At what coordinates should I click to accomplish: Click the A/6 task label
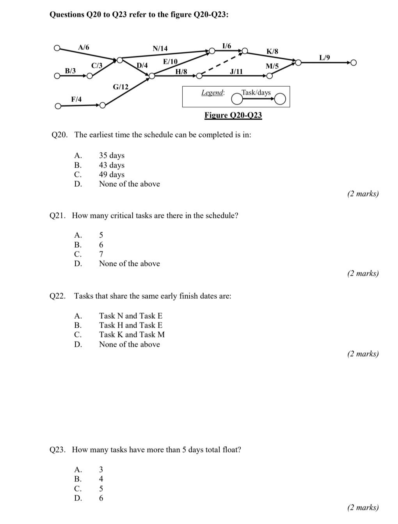tap(84, 47)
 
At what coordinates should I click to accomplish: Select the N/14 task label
tap(160, 48)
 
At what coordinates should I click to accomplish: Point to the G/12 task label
tap(121, 87)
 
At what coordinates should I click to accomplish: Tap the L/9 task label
tap(324, 58)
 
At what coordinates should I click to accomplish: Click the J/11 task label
tap(236, 71)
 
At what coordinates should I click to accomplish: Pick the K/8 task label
tap(272, 52)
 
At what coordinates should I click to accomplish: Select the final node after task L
tap(353, 62)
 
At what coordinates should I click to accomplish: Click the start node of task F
tap(58, 106)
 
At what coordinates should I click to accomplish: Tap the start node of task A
tap(57, 48)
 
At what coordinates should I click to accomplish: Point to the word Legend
tap(213, 93)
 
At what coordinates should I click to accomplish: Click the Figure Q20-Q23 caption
tap(233, 115)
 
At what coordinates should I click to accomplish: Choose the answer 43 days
tap(112, 165)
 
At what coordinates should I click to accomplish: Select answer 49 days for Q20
tap(112, 175)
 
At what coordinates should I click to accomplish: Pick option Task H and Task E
tap(131, 325)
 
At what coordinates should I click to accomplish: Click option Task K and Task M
tap(131, 335)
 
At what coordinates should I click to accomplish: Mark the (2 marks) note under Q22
tap(363, 354)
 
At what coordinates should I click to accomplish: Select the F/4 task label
tap(76, 99)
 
